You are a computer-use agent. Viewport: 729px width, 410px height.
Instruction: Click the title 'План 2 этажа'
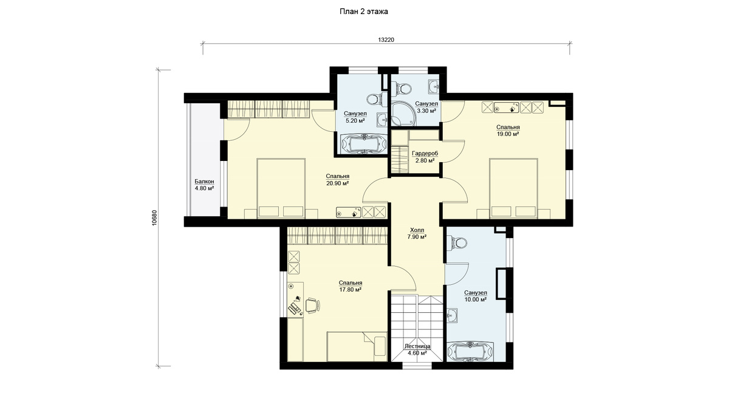tap(364, 12)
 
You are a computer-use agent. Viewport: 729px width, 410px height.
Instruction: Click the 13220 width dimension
tap(386, 39)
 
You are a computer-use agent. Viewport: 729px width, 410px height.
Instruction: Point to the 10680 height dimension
tap(154, 217)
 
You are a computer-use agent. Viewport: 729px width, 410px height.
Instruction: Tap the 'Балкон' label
tap(204, 181)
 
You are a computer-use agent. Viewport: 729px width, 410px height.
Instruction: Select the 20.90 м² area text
tap(338, 183)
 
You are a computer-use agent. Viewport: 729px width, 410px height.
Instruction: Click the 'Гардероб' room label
tap(425, 153)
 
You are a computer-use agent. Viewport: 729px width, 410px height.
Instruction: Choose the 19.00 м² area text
tap(508, 134)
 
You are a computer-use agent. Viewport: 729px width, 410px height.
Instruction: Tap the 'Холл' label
tap(417, 230)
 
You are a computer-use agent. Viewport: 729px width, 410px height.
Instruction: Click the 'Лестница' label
tap(417, 346)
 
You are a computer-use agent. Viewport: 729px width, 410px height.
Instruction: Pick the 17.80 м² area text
tap(350, 290)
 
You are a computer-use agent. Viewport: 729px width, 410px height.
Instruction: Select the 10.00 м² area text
tap(476, 299)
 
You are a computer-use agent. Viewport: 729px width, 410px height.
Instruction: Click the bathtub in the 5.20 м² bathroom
tap(364, 143)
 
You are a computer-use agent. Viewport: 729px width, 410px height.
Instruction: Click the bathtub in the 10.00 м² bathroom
tap(470, 352)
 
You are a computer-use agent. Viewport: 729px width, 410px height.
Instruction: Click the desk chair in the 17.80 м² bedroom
tap(313, 306)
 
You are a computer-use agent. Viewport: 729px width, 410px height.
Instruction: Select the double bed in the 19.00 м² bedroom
tap(513, 188)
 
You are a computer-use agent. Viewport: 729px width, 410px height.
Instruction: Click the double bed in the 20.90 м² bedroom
tap(281, 188)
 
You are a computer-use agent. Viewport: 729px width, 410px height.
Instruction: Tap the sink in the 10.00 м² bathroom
tap(452, 315)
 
